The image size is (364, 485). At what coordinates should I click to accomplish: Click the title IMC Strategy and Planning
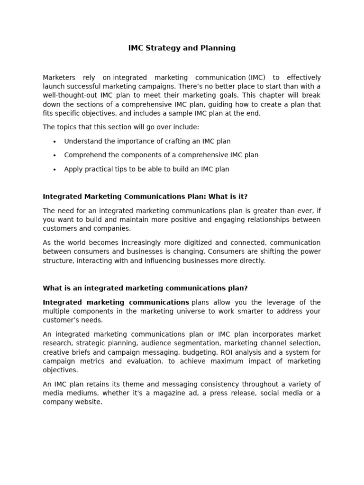(x=182, y=48)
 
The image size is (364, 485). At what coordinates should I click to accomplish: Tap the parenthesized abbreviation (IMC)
(x=256, y=77)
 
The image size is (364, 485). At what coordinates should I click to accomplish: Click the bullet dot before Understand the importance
(x=55, y=142)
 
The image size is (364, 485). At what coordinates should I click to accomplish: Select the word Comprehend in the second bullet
(x=83, y=155)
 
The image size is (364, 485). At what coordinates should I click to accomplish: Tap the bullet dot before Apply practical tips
(x=55, y=170)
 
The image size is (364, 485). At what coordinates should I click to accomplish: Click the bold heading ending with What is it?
(x=145, y=197)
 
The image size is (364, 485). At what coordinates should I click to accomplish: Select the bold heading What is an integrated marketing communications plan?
(x=145, y=288)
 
